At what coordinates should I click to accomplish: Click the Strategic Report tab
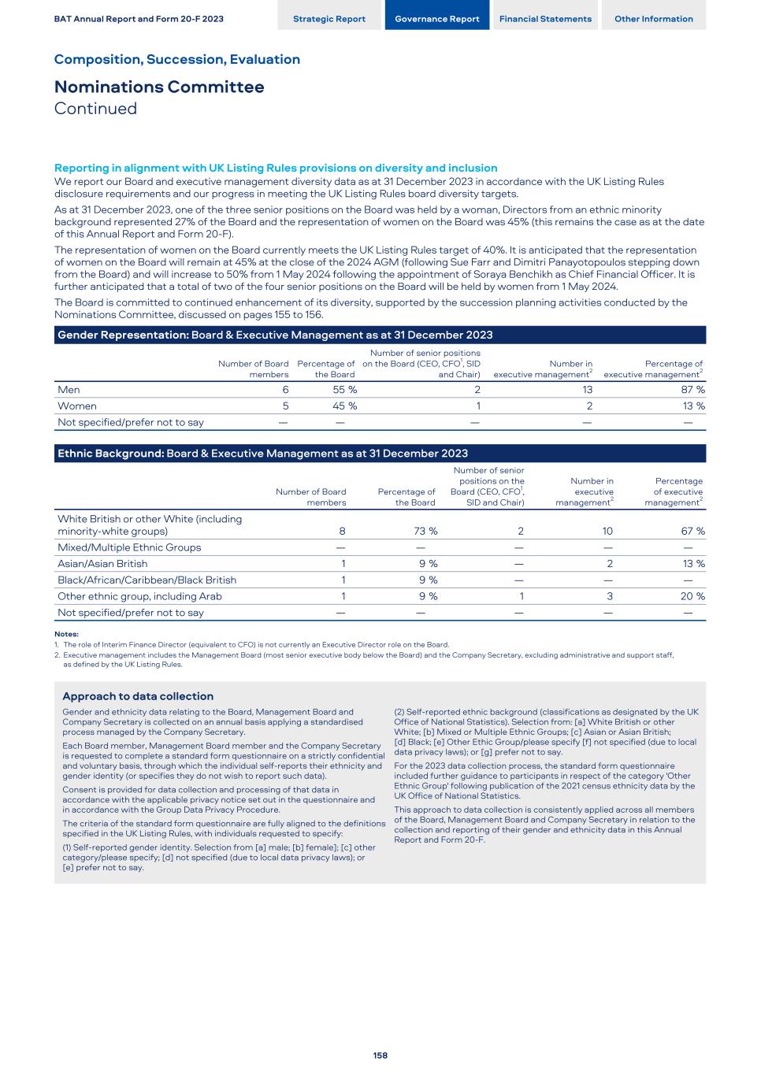click(329, 19)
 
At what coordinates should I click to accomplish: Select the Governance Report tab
click(436, 19)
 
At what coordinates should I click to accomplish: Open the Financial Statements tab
click(545, 19)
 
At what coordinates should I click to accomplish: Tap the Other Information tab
click(654, 19)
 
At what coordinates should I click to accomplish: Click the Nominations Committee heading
click(159, 87)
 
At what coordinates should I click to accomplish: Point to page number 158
click(380, 1055)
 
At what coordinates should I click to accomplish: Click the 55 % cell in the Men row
click(345, 390)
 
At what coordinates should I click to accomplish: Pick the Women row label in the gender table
click(77, 406)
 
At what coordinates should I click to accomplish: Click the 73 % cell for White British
click(425, 532)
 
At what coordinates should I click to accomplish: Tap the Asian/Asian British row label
click(102, 564)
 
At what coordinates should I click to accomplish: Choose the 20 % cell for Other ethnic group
click(692, 596)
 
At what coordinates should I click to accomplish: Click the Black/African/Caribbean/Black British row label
click(147, 580)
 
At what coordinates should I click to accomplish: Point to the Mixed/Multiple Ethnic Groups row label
click(129, 547)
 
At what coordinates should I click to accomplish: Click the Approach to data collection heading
click(138, 696)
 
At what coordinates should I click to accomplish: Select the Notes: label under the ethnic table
click(66, 634)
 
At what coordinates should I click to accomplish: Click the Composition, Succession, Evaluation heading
click(177, 59)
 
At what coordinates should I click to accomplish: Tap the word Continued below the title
click(95, 109)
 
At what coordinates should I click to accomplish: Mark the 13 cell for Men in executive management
click(586, 390)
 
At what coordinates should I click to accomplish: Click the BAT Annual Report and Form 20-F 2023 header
click(139, 19)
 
